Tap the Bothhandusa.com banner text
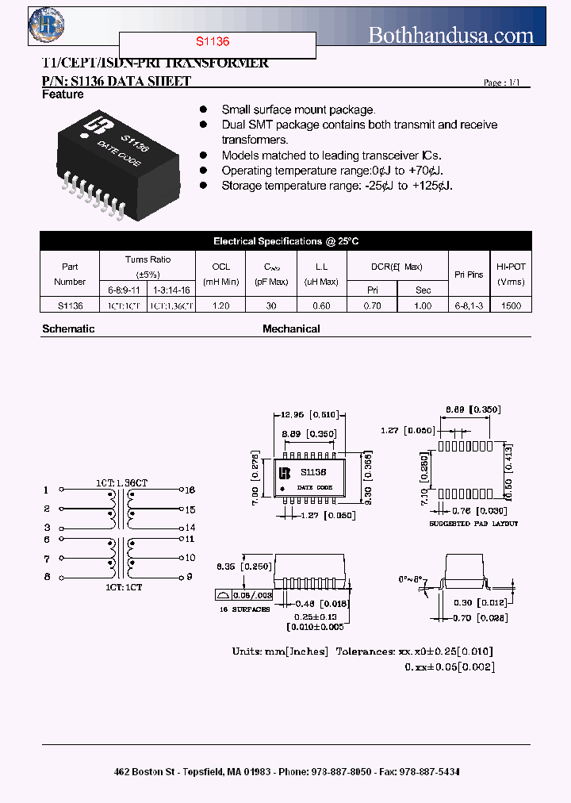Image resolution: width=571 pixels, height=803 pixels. click(451, 35)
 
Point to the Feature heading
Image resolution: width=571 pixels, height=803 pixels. click(63, 94)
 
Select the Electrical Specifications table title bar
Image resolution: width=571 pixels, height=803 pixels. click(285, 241)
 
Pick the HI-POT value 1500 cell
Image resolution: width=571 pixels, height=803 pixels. click(512, 305)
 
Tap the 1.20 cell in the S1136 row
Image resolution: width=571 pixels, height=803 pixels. click(220, 305)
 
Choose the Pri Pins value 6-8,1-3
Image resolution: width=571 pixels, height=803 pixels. click(469, 305)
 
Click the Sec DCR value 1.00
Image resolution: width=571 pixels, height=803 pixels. click(423, 305)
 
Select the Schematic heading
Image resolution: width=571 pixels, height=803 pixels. click(68, 328)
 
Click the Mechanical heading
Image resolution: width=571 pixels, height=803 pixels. click(291, 328)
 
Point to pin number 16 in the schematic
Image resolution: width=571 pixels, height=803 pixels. click(190, 490)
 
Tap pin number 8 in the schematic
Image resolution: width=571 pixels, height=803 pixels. click(47, 577)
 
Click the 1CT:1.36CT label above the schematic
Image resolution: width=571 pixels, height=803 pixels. click(121, 482)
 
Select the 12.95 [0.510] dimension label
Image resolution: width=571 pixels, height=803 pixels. click(309, 413)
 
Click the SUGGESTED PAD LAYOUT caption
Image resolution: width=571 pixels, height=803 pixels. click(473, 524)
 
